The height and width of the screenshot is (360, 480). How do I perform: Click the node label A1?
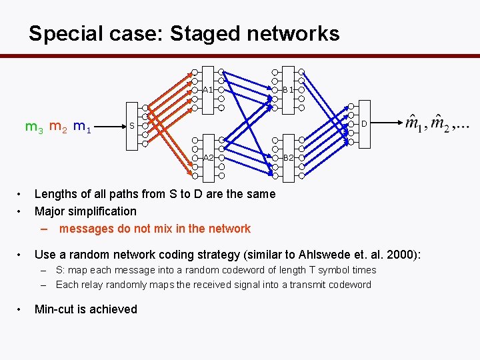click(207, 89)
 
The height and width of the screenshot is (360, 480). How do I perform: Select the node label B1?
click(288, 89)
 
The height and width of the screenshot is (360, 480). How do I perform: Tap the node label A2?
click(207, 158)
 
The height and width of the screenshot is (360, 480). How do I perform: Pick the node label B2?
click(288, 158)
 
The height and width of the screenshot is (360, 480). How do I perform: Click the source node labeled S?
click(132, 126)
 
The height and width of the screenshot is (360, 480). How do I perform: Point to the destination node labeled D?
click(364, 123)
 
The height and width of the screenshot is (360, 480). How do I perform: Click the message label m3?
click(34, 126)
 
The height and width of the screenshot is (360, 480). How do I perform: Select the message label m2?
click(58, 126)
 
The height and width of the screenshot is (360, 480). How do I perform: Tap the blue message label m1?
click(83, 126)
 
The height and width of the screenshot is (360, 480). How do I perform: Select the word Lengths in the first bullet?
click(57, 194)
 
